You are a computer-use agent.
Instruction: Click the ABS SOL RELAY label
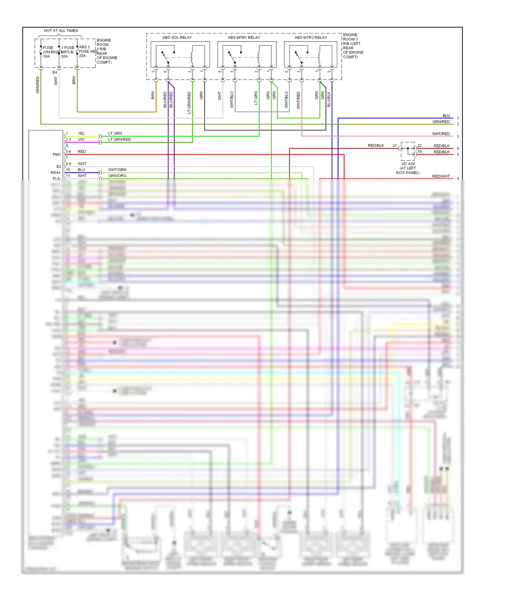pos(177,37)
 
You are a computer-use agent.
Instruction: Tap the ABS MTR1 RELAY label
pos(244,37)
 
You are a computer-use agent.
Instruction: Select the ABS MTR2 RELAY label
pos(310,37)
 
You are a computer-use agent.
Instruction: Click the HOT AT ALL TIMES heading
pos(61,31)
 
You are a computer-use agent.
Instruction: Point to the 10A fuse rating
pos(46,56)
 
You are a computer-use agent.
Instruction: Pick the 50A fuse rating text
pos(65,56)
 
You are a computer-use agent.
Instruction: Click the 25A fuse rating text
pos(82,56)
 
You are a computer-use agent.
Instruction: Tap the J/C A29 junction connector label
pos(408,164)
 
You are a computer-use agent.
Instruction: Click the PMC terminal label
pos(57,154)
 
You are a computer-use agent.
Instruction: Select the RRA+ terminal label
pos(56,173)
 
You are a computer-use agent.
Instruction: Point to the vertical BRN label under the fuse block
pos(74,80)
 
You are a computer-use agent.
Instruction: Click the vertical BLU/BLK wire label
pos(329,99)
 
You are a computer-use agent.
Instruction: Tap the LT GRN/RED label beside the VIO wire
pos(119,140)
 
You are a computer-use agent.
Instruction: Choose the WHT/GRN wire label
pos(117,170)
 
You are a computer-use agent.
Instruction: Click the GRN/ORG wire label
pos(117,176)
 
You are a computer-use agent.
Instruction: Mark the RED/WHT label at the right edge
pos(441,176)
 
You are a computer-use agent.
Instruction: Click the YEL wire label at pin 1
pos(81,133)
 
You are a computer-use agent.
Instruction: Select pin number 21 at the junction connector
pos(394,146)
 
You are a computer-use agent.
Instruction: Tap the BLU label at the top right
pos(446,116)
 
